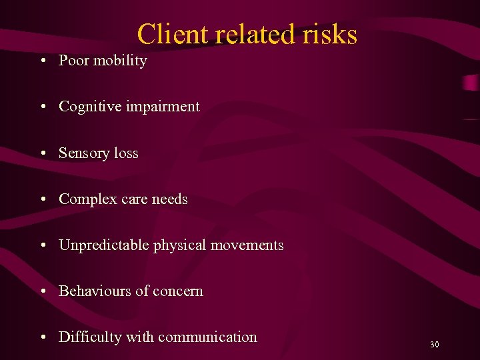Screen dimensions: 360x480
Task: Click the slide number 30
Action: point(435,345)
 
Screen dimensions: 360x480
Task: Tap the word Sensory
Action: point(84,153)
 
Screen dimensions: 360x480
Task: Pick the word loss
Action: point(126,153)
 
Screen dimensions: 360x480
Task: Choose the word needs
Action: point(170,199)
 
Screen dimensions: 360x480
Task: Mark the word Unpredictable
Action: point(104,245)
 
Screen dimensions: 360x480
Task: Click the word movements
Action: point(247,245)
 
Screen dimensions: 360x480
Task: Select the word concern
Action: point(178,291)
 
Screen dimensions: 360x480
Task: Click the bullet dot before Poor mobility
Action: point(43,61)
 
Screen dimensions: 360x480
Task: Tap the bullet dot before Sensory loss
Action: point(43,153)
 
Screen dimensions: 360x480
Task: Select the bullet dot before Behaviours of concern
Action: point(43,291)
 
